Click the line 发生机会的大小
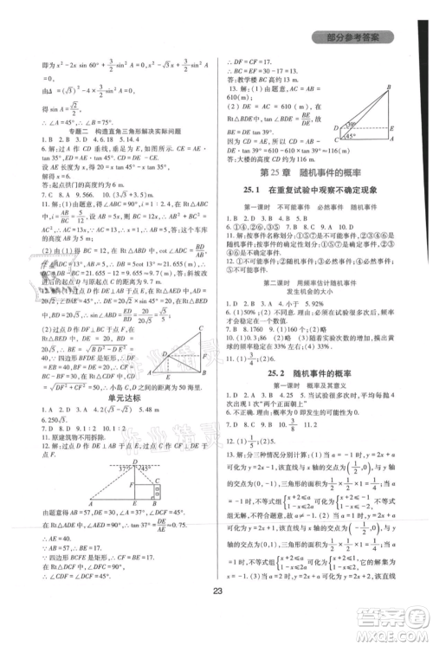click(x=313, y=320)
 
